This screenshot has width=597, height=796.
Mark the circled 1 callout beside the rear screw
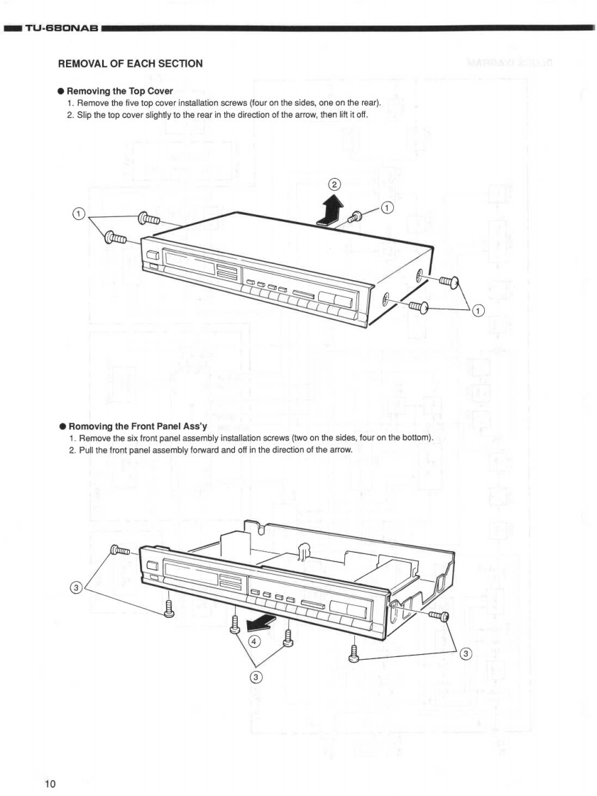[387, 207]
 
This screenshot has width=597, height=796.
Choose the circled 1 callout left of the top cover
[80, 214]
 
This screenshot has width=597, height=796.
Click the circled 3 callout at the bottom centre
[257, 675]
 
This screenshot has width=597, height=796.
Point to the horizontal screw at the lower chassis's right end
[438, 616]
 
